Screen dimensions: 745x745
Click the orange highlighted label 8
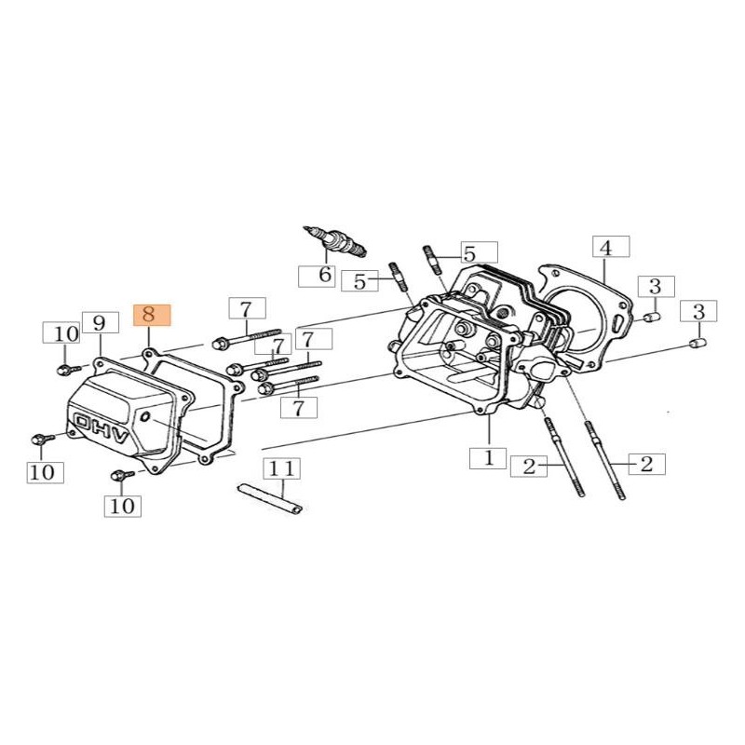(152, 314)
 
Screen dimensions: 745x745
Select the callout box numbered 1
(487, 458)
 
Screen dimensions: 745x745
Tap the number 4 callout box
(605, 249)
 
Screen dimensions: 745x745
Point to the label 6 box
(325, 275)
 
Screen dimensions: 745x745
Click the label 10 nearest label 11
(122, 506)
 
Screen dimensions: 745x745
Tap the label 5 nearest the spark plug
(360, 280)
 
